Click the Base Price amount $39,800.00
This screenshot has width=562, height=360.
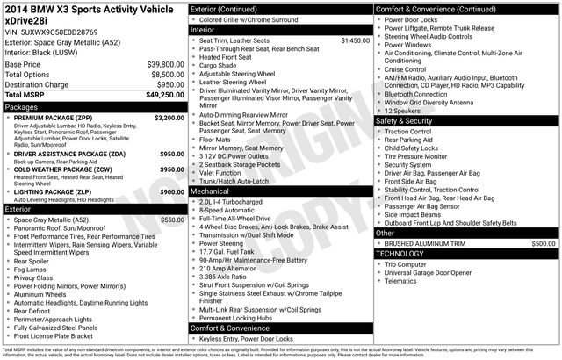tap(165, 65)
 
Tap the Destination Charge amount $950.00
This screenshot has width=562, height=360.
tap(169, 86)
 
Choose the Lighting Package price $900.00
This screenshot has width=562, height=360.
tap(172, 191)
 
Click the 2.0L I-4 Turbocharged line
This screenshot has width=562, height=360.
tap(237, 201)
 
